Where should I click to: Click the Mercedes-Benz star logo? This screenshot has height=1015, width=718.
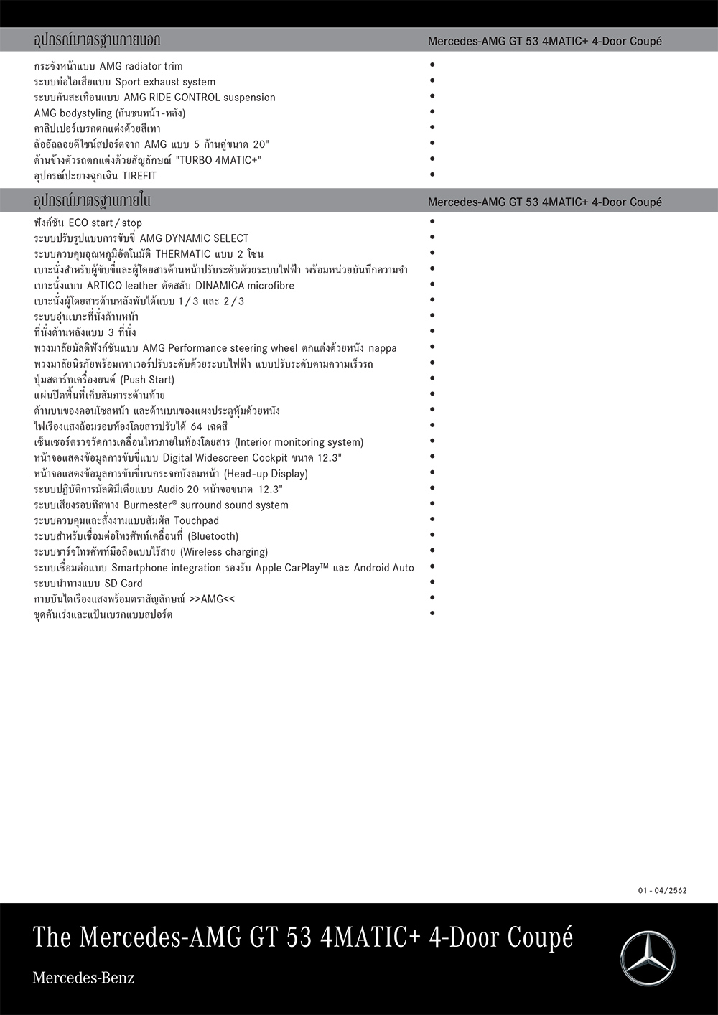point(648,958)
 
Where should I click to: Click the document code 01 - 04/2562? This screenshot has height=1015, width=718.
point(662,891)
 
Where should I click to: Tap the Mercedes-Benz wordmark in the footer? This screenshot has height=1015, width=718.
point(83,978)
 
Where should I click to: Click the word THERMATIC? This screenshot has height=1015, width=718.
point(183,254)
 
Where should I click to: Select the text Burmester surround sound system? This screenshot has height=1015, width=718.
point(206,505)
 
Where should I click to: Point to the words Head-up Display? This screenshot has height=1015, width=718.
point(266,474)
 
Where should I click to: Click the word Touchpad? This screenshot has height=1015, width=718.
point(196,521)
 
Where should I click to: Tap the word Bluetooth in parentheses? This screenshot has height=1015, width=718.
point(213,537)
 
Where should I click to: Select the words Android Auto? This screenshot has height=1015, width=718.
point(383,568)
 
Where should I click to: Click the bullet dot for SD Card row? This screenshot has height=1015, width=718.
point(432,582)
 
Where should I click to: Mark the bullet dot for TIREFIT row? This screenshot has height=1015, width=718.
point(432,174)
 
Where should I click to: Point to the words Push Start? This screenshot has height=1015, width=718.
point(147,380)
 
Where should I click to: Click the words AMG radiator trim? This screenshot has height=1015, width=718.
point(141,66)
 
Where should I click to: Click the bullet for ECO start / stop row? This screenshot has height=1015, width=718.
point(432,222)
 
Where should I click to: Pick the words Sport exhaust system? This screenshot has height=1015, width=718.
point(165,82)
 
